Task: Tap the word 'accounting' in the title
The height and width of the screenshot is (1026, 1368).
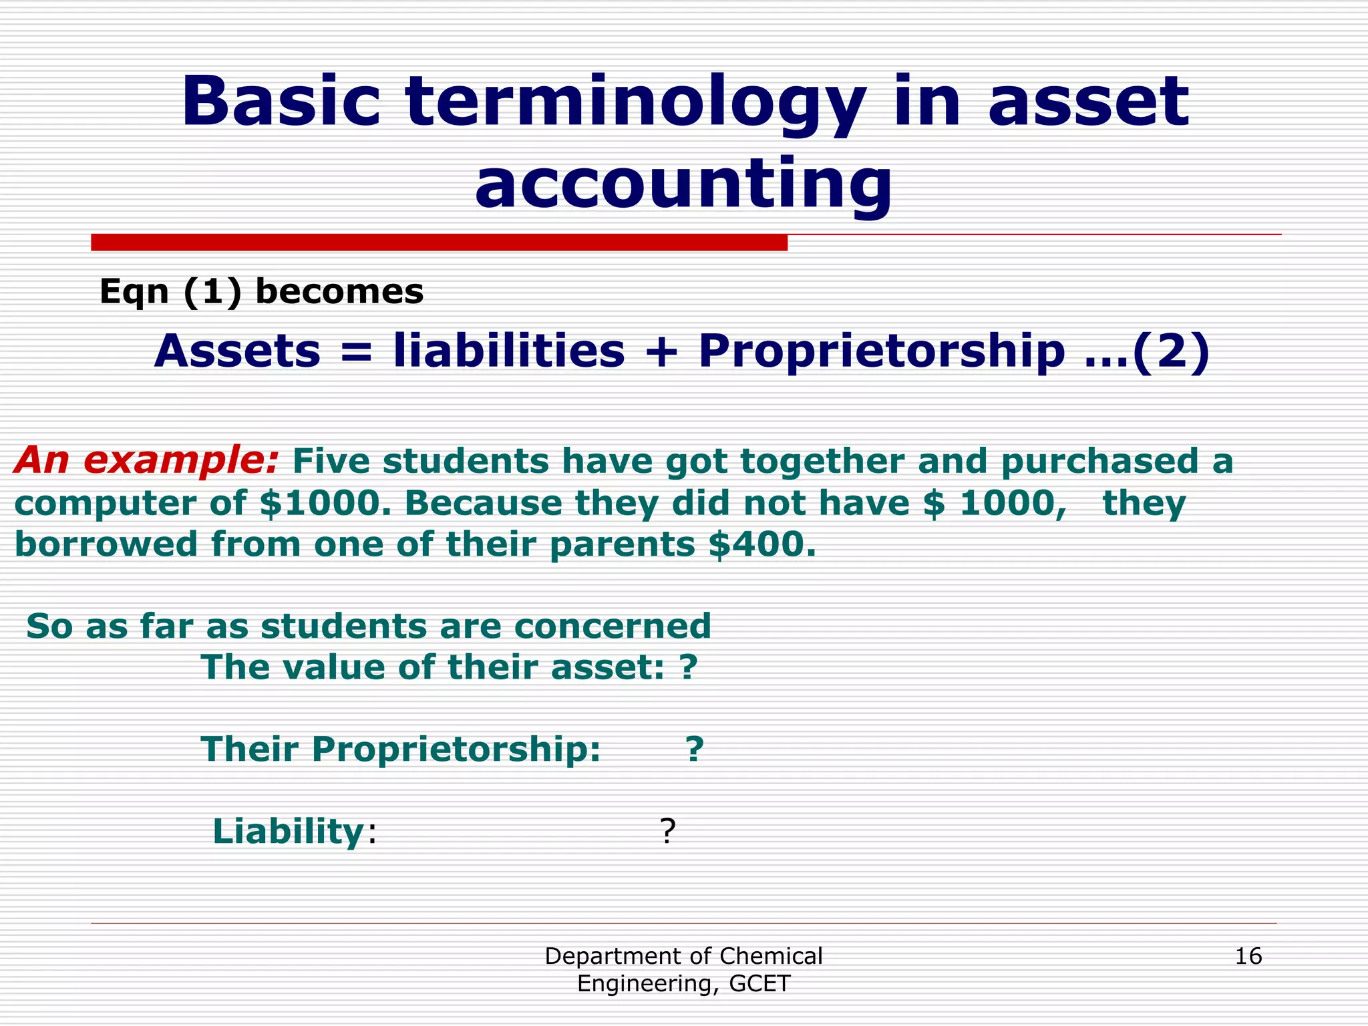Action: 683,184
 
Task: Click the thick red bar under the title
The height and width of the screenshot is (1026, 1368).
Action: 439,242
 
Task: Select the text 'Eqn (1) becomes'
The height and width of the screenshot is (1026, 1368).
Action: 261,292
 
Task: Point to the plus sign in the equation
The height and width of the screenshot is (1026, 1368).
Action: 661,352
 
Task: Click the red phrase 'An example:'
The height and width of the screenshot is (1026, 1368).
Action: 146,460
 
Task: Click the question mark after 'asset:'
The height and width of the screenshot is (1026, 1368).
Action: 689,667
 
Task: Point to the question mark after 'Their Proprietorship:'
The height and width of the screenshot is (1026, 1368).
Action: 695,749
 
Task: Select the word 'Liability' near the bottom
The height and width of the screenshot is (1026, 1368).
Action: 288,832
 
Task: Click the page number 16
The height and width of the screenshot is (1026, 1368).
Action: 1248,956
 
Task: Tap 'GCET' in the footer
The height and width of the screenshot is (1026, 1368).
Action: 760,983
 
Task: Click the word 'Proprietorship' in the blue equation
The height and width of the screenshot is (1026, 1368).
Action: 881,352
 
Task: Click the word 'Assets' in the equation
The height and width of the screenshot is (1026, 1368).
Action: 237,352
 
